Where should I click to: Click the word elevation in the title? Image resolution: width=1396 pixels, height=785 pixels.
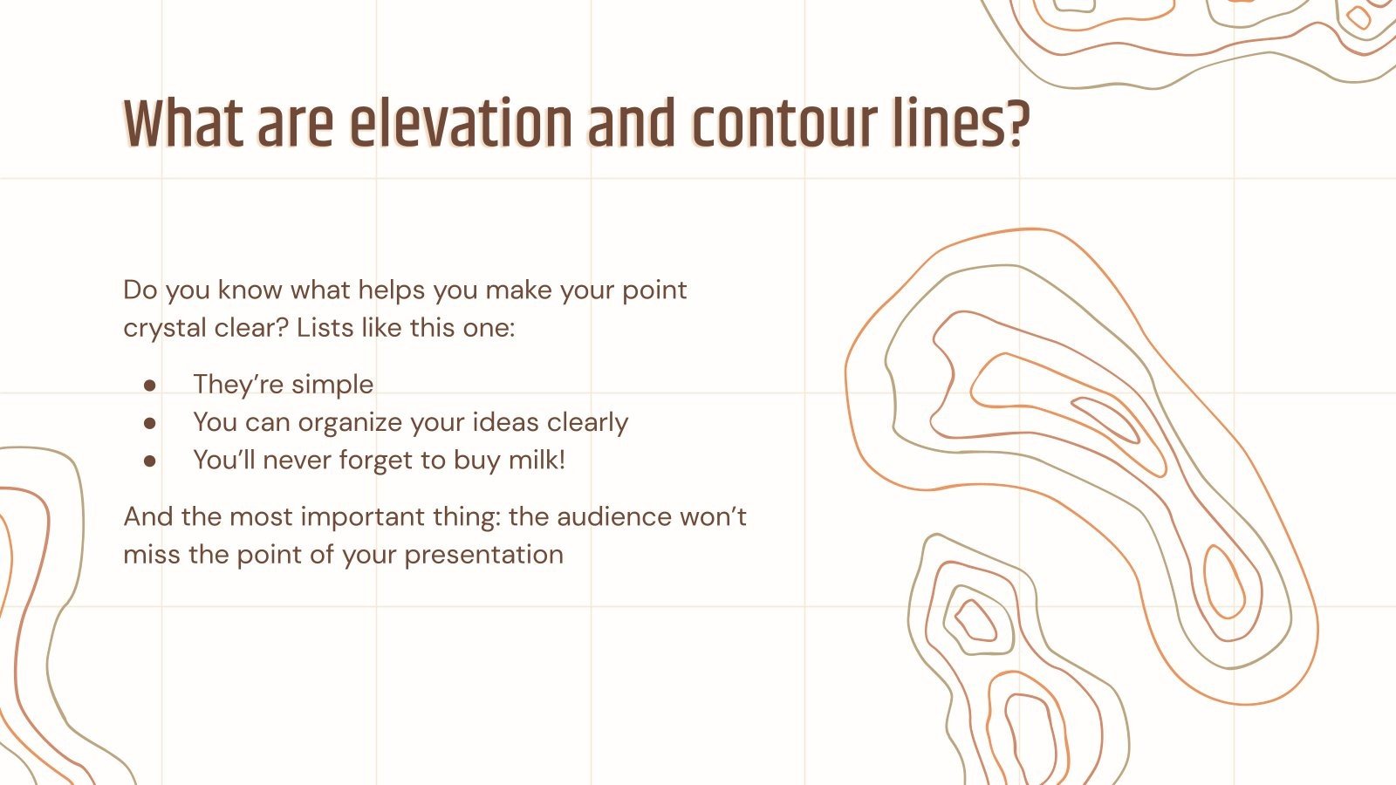(460, 124)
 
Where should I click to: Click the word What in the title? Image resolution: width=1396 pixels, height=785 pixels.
(184, 124)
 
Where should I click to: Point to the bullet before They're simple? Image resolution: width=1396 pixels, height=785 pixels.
(150, 385)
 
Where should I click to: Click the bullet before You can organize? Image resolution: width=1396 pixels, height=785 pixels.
(150, 423)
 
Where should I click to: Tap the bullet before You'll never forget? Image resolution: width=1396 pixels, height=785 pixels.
(150, 461)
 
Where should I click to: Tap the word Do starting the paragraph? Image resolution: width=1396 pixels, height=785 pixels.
(140, 290)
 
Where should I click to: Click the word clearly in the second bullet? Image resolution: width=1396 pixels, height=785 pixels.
(587, 423)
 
